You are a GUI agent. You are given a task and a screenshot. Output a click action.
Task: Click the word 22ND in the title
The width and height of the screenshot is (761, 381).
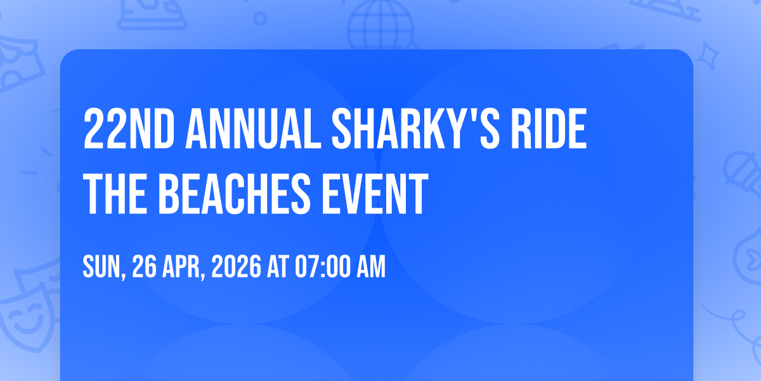point(129,129)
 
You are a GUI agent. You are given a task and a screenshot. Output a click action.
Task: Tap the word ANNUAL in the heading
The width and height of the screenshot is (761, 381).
point(254,129)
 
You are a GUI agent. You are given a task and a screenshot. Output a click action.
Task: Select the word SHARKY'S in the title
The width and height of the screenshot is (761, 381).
point(416,129)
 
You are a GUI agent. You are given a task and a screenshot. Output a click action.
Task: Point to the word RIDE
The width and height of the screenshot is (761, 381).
point(549,129)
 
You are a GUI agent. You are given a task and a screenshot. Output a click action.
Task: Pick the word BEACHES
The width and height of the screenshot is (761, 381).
point(235,194)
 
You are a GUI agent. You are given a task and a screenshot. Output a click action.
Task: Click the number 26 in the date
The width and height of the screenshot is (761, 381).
point(145,267)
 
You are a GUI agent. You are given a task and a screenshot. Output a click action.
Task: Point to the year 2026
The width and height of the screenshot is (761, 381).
point(237,267)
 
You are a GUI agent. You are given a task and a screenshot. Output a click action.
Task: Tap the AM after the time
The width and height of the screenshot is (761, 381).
point(371,267)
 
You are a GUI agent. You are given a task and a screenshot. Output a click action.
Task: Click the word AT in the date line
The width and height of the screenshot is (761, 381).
point(278,267)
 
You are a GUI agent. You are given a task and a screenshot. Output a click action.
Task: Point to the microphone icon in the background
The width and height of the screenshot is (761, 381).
point(743,173)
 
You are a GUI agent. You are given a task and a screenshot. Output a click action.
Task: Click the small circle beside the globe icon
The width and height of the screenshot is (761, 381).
point(260,18)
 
